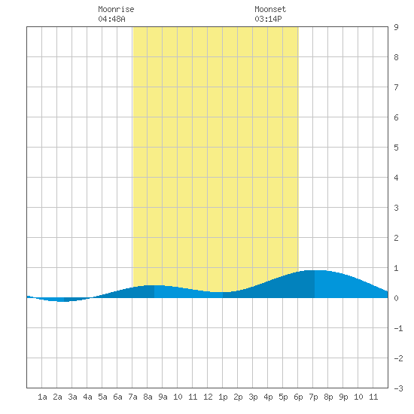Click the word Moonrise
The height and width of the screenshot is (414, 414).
pos(116,9)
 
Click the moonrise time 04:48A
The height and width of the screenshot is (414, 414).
pos(111,19)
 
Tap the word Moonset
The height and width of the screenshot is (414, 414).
pos(270,9)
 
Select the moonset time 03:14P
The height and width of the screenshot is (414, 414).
pos(268,19)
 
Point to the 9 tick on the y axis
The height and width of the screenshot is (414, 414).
pos(396,27)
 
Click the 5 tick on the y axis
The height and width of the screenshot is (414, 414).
pos(396,148)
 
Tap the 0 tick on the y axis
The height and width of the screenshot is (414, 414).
pos(396,298)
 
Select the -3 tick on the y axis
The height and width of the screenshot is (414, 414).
pos(398,388)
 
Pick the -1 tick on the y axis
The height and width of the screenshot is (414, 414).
pos(398,328)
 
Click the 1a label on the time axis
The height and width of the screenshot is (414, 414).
pos(42,397)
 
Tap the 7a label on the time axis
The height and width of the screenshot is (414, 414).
pos(132,397)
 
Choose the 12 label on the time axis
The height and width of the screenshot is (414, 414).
pos(208,397)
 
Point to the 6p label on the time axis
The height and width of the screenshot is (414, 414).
pos(298,397)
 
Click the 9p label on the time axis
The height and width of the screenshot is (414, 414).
pos(343,397)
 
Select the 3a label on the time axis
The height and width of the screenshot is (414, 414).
pos(72,397)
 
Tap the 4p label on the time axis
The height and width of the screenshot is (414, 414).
pos(268,397)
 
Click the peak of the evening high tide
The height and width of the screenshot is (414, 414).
pos(315,270)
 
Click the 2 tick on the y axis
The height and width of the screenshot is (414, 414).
pos(396,238)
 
